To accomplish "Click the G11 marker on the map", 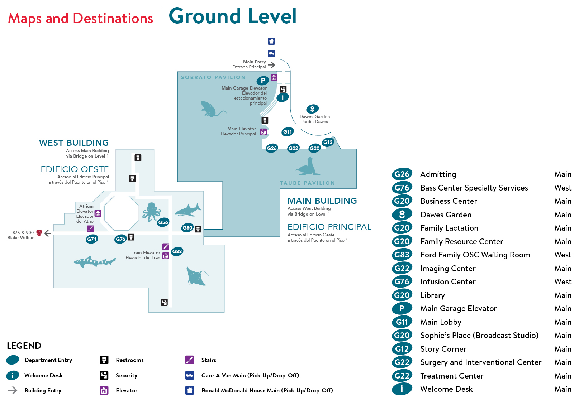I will click(x=288, y=132).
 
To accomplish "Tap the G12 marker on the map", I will click(x=328, y=142).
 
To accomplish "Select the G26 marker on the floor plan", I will click(x=272, y=148).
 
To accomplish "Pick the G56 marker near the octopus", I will click(x=163, y=222).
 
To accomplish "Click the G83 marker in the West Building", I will click(x=177, y=251).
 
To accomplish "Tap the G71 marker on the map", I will click(x=92, y=239).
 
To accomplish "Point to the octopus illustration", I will click(x=151, y=212).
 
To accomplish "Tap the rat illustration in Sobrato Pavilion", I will click(x=212, y=109).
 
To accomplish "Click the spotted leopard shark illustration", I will click(x=95, y=261).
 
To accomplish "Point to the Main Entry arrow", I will click(x=271, y=65).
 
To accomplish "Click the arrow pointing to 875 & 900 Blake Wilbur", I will click(x=47, y=233).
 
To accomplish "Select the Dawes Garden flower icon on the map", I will click(x=312, y=109).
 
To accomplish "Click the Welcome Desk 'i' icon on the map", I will click(x=283, y=97).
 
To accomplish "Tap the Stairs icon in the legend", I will click(x=190, y=360).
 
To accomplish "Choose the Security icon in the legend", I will click(x=104, y=375).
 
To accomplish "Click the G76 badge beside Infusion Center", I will click(x=402, y=282).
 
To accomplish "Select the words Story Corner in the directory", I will click(x=443, y=349).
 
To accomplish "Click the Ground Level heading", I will click(x=232, y=16).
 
